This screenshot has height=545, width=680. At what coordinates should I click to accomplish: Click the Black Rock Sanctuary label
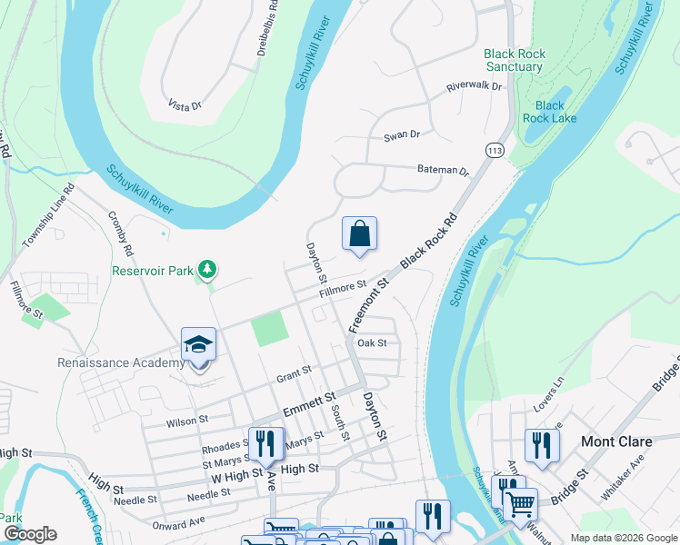(x=515, y=60)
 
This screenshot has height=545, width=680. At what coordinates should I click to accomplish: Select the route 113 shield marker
(x=495, y=150)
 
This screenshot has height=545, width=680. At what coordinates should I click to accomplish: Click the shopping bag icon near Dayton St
(x=360, y=233)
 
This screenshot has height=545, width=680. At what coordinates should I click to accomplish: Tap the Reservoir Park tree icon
(x=208, y=269)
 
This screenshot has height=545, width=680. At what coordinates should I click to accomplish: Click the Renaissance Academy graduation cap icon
(x=198, y=345)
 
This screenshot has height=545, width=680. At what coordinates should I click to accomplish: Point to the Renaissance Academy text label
(x=121, y=363)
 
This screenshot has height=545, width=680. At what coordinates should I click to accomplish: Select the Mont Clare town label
(x=616, y=441)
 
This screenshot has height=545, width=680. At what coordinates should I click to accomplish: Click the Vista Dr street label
(x=185, y=106)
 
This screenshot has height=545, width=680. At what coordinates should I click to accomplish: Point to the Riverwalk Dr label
(x=474, y=87)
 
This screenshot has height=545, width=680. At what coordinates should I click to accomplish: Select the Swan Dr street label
(x=402, y=135)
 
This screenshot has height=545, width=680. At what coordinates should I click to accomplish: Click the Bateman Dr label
(x=443, y=170)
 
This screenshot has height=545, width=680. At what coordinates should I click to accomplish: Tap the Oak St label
(x=373, y=343)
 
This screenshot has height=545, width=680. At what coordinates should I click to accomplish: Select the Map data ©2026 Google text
(x=623, y=539)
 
